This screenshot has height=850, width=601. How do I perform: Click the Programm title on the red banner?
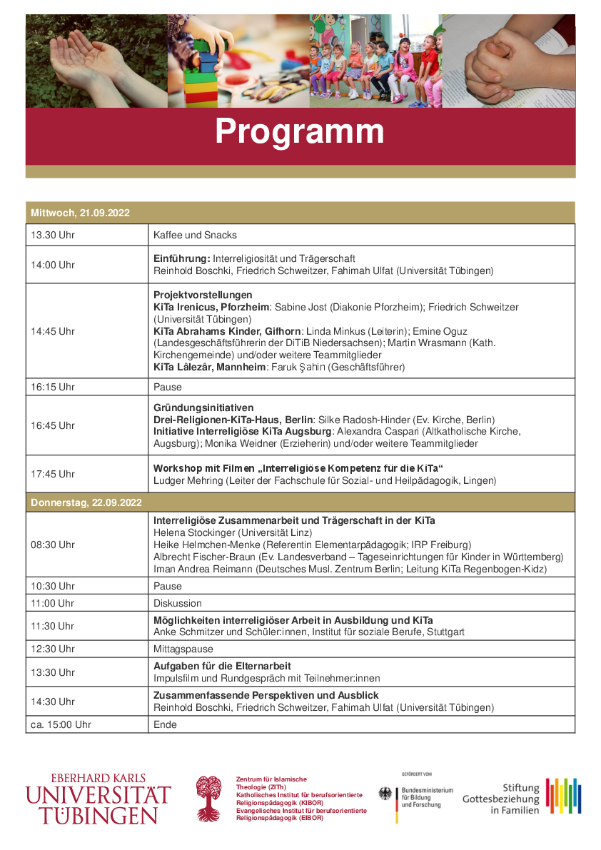tap(300, 131)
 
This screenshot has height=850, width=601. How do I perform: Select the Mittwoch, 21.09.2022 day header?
tap(79, 213)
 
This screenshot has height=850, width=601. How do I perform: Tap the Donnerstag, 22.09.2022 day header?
tap(85, 502)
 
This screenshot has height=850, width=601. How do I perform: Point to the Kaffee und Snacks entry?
tap(195, 235)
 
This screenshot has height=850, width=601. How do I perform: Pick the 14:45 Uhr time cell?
tap(52, 331)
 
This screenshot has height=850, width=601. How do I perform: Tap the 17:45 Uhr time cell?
tap(52, 474)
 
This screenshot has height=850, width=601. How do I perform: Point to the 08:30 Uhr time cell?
tap(52, 545)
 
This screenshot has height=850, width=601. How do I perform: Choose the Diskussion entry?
tap(178, 603)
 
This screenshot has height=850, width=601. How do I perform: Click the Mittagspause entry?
tap(183, 649)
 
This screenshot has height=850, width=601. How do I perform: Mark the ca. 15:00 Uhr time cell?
tap(61, 724)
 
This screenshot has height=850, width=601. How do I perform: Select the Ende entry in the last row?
tap(165, 724)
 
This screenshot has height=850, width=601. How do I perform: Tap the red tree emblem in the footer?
tap(209, 799)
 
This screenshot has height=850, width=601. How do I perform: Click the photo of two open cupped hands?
tap(96, 61)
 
